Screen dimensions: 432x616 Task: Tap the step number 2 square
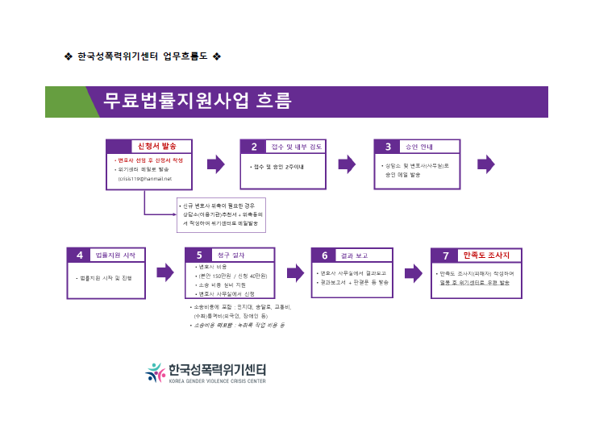(253, 147)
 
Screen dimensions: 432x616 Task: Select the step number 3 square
(387, 147)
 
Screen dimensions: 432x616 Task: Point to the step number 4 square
(79, 255)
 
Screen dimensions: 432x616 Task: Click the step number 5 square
(198, 255)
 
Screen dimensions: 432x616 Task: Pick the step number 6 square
(324, 255)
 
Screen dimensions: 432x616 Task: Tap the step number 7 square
(445, 255)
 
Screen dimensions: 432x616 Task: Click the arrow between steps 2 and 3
(347, 164)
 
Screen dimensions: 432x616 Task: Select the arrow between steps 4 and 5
(164, 272)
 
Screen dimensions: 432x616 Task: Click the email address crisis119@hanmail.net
(146, 179)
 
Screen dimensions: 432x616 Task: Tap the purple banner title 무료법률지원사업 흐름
(197, 102)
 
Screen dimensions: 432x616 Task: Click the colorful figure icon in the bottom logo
(155, 372)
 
